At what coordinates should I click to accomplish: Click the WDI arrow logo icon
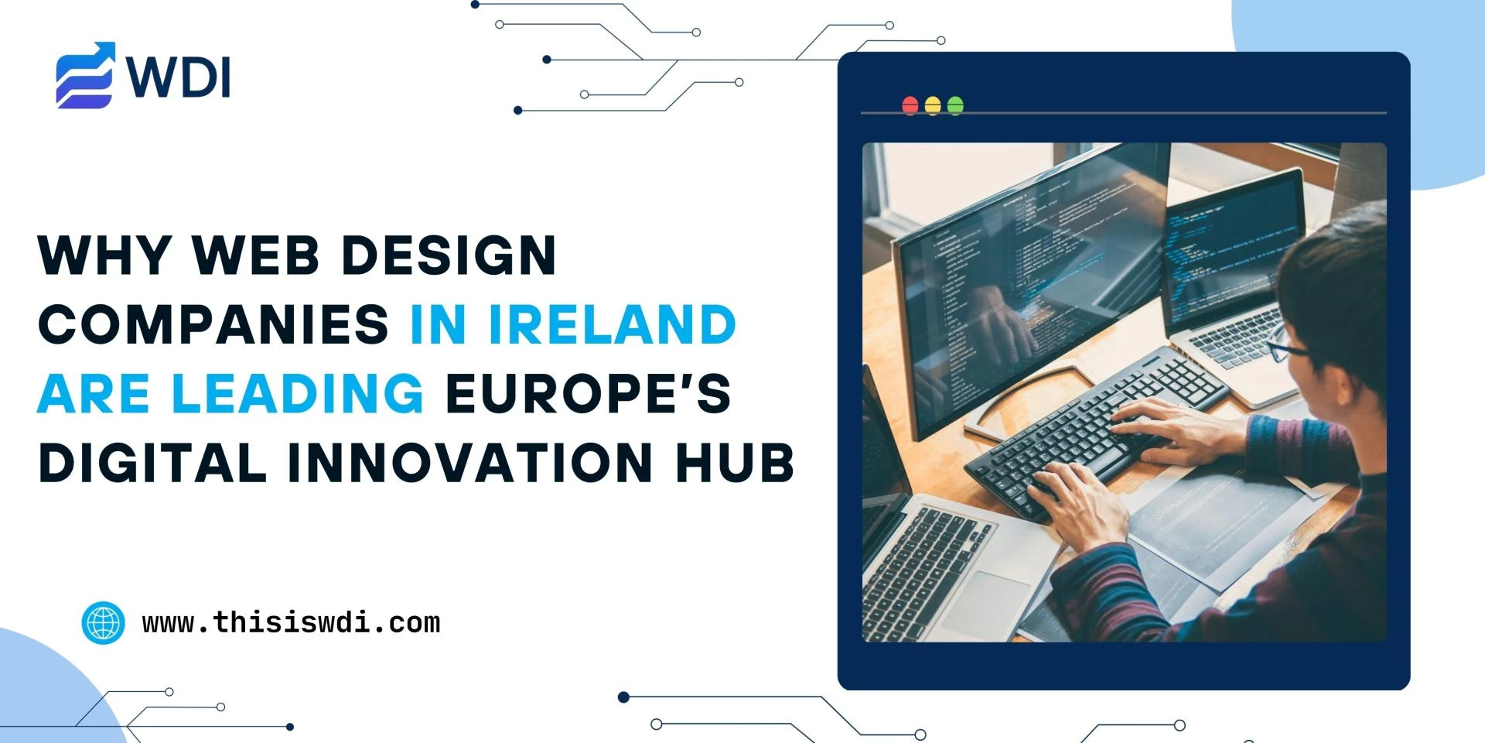click(85, 75)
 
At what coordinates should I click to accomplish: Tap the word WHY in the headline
click(104, 255)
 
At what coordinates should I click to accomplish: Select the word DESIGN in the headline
click(449, 255)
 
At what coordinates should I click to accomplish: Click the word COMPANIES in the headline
click(213, 324)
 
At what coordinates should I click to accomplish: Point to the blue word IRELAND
click(612, 324)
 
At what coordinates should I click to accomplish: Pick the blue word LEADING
click(298, 393)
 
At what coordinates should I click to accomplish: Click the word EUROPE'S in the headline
click(588, 393)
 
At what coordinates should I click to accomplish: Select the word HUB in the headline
click(734, 463)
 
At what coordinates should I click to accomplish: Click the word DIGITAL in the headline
click(152, 463)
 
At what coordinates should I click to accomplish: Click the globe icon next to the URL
click(103, 622)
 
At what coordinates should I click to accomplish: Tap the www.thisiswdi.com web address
click(291, 622)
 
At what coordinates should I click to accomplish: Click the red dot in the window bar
click(910, 105)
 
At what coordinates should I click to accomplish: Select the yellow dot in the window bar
click(933, 105)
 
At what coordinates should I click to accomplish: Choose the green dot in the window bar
click(955, 105)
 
